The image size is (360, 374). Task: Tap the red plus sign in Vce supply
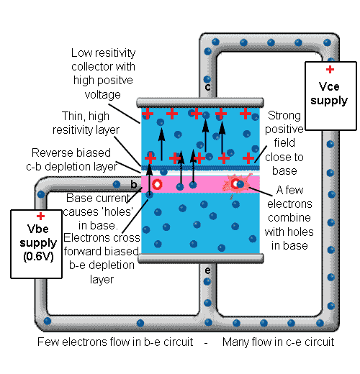click(x=330, y=70)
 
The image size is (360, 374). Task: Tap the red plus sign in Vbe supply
click(x=41, y=216)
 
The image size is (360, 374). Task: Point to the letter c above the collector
click(x=208, y=87)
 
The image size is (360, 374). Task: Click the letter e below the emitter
click(x=208, y=270)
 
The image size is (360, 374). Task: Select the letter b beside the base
click(x=133, y=185)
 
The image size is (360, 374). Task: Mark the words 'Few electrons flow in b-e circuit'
click(x=115, y=342)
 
